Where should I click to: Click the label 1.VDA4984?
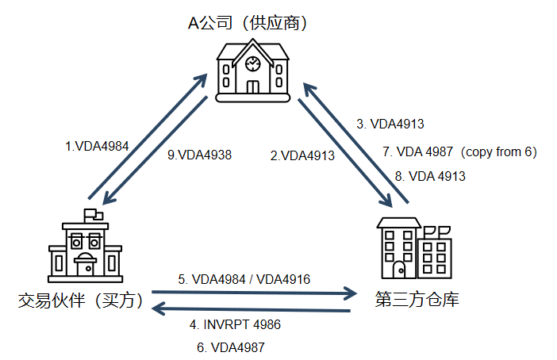pos(97,146)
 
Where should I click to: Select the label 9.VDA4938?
pos(199,155)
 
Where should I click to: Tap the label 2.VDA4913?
pos(302,155)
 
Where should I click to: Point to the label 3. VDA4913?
pos(390,124)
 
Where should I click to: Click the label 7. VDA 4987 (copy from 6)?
pos(460,152)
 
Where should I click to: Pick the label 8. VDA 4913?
pos(430,176)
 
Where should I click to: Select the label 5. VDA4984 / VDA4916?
pos(244,279)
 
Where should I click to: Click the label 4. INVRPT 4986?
pos(235,324)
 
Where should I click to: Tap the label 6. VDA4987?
pos(231,347)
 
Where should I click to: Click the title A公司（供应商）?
pos(248,23)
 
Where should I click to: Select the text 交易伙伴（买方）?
pos(81,301)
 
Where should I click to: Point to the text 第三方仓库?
pos(417,299)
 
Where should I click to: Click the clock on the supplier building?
pos(253,63)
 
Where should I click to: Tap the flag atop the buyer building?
pos(93,215)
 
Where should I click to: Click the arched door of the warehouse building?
pos(399,270)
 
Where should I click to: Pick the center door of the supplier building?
pos(253,87)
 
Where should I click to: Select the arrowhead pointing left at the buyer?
pos(158,308)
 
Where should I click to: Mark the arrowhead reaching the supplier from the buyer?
pos(202,79)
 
